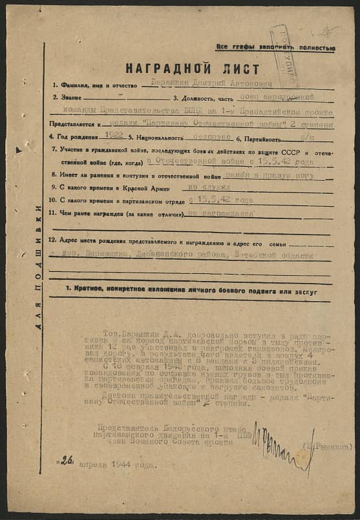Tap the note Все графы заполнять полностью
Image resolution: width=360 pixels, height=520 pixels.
point(275,47)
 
